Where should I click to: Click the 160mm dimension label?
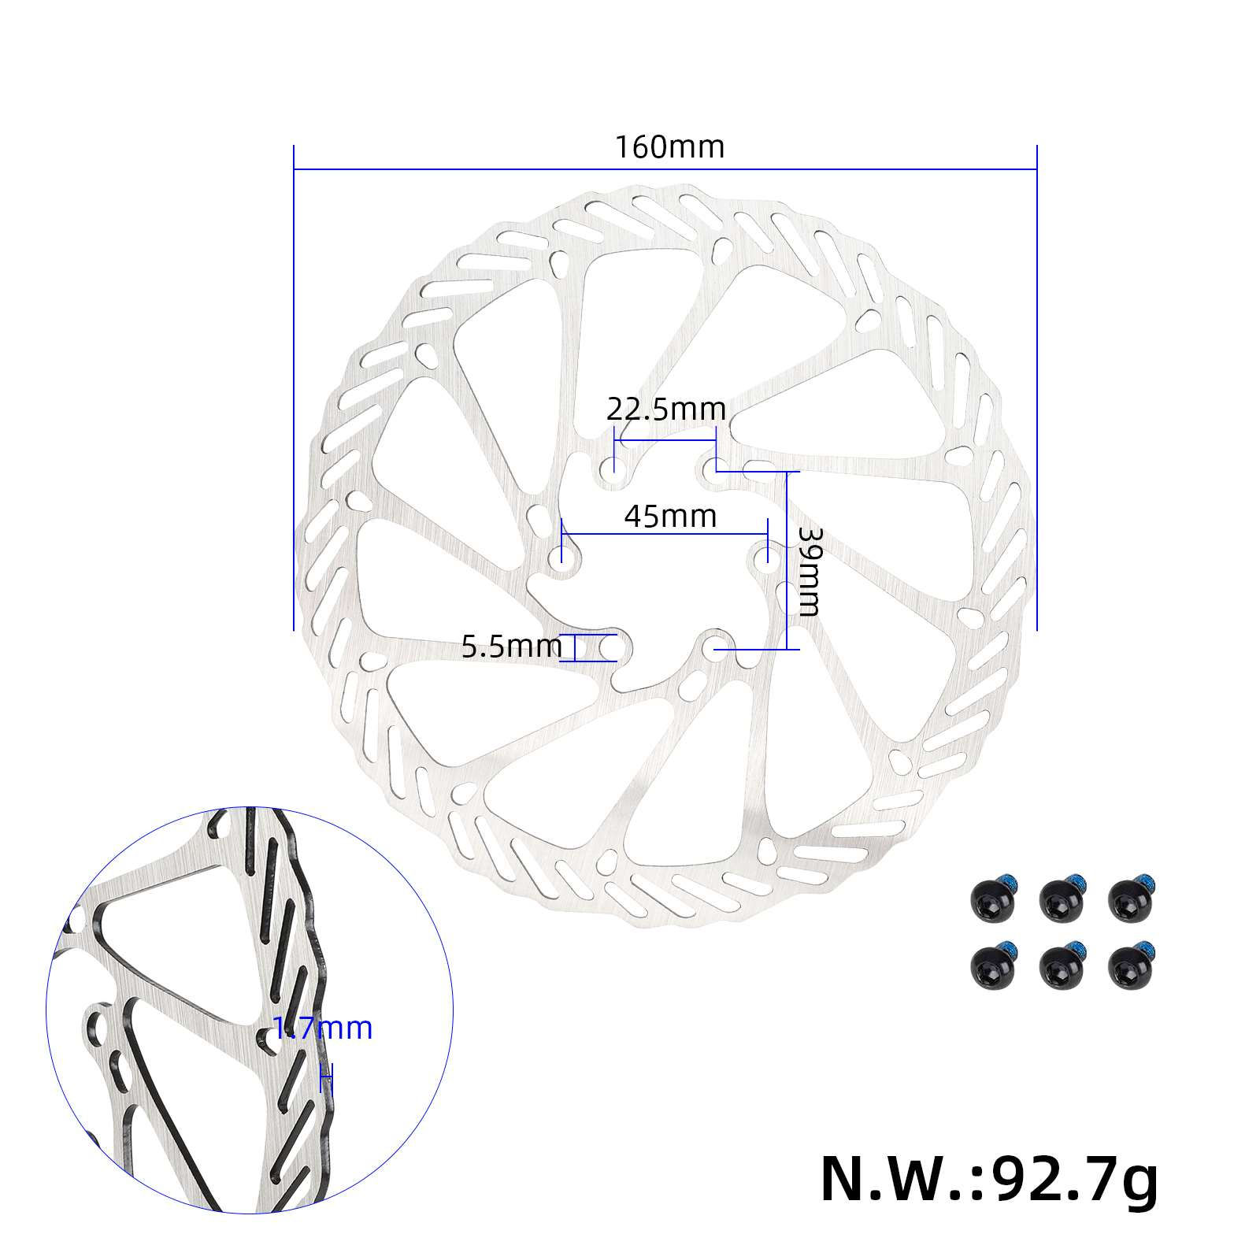[x=669, y=147]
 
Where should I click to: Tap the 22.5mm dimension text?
[x=665, y=409]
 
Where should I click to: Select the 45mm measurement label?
[x=670, y=517]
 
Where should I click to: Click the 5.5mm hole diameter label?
[x=511, y=647]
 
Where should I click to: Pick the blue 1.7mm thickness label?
[x=323, y=1028]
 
